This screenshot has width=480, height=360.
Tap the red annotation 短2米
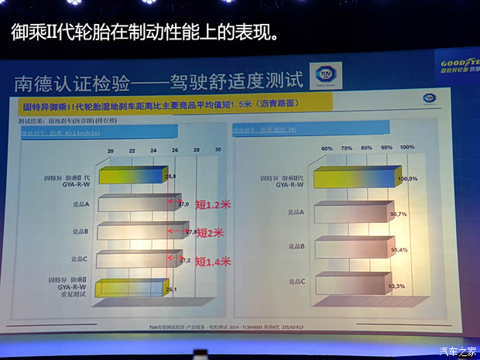tap(210, 232)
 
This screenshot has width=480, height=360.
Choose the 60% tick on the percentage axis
tap(327, 147)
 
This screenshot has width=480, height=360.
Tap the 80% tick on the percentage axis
tap(366, 147)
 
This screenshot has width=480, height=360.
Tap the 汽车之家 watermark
tap(458, 351)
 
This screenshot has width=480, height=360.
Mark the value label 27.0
tap(184, 204)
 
